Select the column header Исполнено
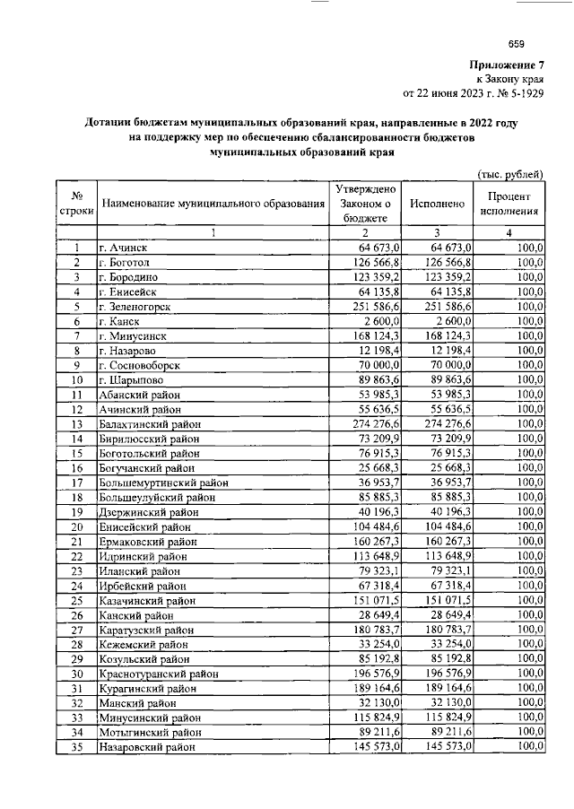click(437, 204)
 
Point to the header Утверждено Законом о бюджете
click(364, 204)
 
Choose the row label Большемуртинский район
click(162, 483)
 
